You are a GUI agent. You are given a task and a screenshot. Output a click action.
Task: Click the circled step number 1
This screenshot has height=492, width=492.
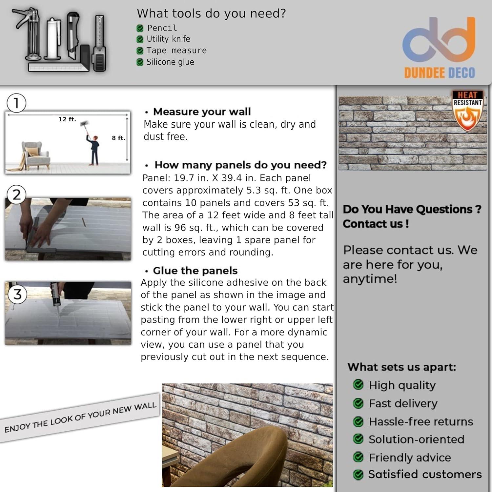(x=16, y=103)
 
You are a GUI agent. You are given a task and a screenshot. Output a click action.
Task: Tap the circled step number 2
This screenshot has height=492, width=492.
(x=16, y=195)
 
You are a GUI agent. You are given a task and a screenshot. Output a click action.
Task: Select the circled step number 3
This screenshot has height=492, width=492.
(x=17, y=294)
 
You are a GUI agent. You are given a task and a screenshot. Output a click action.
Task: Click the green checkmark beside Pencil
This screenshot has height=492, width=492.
(x=140, y=28)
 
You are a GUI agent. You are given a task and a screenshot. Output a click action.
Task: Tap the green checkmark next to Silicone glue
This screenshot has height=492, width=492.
(x=140, y=62)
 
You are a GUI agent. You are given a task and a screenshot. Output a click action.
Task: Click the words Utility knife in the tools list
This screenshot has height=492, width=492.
(x=168, y=39)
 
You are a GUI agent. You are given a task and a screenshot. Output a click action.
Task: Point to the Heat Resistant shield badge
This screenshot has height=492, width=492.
(x=467, y=111)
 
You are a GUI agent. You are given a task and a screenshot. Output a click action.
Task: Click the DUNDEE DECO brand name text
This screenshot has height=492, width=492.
(x=440, y=72)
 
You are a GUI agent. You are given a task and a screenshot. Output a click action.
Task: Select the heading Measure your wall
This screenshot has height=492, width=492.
(x=202, y=112)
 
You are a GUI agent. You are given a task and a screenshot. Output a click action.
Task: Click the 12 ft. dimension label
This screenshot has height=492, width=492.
(x=67, y=119)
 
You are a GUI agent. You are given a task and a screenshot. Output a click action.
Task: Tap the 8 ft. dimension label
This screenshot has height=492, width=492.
(x=118, y=138)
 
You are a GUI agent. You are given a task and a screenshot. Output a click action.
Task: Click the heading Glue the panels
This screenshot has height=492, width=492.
(x=195, y=271)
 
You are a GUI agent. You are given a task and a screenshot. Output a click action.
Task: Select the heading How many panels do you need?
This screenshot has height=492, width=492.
(x=240, y=165)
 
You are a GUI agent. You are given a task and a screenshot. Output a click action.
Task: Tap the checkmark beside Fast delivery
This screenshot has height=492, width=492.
(x=359, y=403)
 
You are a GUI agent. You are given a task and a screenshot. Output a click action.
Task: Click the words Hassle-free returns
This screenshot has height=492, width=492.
(x=421, y=421)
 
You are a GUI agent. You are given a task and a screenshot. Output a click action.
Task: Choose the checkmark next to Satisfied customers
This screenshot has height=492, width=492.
(x=359, y=474)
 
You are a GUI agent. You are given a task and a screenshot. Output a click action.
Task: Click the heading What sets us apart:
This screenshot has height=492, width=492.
(x=402, y=367)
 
